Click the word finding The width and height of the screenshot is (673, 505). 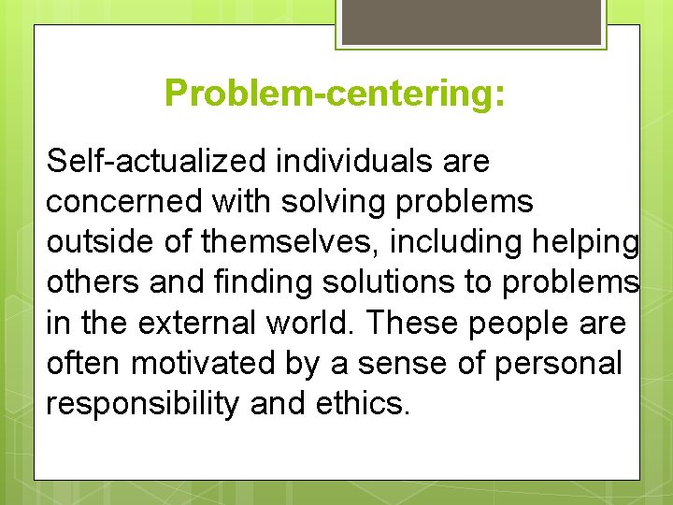(x=256, y=282)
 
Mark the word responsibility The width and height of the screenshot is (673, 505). (x=142, y=403)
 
